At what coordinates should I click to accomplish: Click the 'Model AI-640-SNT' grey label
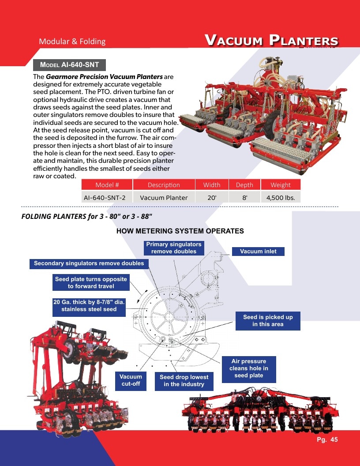click(69, 65)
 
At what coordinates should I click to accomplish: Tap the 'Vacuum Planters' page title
click(271, 41)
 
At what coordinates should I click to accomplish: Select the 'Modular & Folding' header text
click(72, 41)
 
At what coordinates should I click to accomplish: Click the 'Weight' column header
click(281, 185)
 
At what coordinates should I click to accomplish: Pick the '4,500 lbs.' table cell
click(281, 198)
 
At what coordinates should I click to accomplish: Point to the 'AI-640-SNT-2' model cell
click(107, 198)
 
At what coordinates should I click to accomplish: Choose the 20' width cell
click(212, 198)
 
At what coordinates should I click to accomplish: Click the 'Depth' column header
click(244, 185)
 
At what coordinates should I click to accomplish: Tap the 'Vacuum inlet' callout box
click(258, 252)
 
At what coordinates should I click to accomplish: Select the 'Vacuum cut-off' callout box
click(131, 380)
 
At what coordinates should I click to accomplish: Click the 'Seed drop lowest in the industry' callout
click(184, 381)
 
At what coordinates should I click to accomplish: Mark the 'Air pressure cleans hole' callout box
click(249, 368)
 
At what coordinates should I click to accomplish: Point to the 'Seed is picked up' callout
click(268, 321)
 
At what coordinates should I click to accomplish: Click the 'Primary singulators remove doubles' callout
click(174, 248)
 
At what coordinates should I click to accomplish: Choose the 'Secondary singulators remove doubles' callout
click(89, 263)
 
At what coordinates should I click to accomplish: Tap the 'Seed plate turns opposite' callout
click(91, 282)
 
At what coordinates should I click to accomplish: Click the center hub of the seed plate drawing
click(169, 316)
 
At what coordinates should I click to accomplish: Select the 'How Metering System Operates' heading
click(180, 231)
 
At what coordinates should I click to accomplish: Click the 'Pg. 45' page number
click(327, 440)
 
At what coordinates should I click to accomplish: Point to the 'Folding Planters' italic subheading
click(86, 216)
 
